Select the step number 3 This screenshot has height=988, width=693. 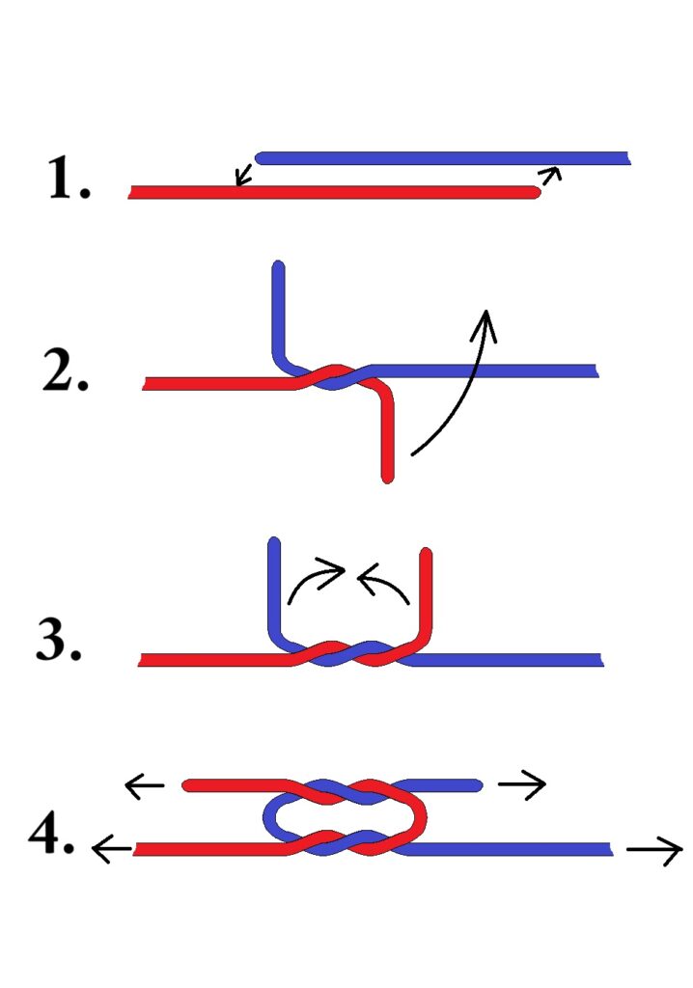tap(59, 640)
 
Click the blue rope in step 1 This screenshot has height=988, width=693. tap(444, 157)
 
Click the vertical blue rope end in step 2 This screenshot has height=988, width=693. tap(279, 309)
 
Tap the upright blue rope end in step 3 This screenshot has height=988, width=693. tap(274, 589)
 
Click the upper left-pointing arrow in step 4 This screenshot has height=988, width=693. tap(145, 786)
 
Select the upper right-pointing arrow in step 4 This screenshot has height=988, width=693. tap(521, 784)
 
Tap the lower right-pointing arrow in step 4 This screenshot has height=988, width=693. tap(654, 850)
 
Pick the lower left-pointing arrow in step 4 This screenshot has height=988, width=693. tap(110, 850)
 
